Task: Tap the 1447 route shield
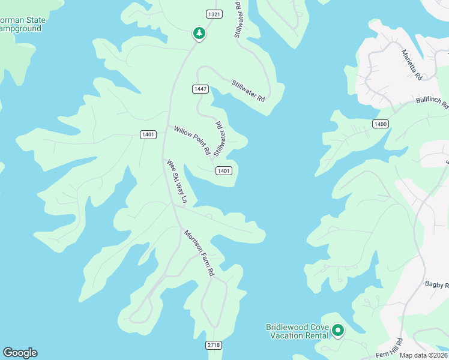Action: coord(200,89)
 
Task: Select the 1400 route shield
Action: coord(380,124)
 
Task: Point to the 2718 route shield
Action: coord(214,345)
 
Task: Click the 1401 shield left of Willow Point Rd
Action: coord(149,134)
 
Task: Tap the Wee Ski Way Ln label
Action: coord(177,181)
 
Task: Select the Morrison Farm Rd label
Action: coord(199,252)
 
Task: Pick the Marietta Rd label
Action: coord(412,65)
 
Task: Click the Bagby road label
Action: coord(436,284)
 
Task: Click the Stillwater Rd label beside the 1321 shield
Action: coord(238,20)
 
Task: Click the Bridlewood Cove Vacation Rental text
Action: coord(297,331)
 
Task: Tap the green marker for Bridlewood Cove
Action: coord(338,330)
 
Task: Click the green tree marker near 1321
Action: coord(199,33)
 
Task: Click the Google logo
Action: coord(20,353)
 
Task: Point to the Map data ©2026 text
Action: coord(423,355)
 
